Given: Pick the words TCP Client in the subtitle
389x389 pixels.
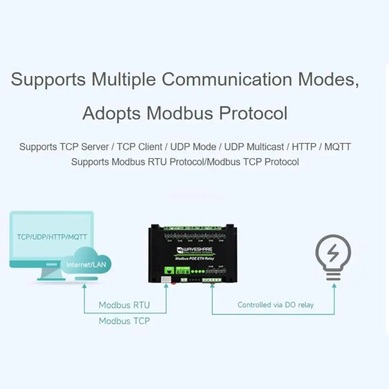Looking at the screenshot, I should [138, 147].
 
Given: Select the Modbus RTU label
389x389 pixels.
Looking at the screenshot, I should [124, 305].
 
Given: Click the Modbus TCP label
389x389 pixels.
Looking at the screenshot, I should [124, 321].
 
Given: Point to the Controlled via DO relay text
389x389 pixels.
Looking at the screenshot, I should [275, 305].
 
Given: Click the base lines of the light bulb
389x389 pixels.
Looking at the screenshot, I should [333, 275].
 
